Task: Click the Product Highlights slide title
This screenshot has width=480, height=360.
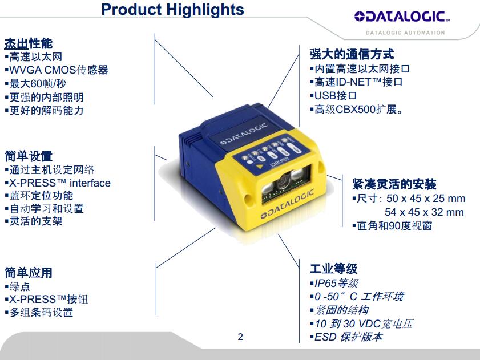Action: coord(172,10)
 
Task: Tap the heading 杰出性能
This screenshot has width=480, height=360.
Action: coord(29,43)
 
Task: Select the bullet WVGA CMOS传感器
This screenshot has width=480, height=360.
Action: coord(57,70)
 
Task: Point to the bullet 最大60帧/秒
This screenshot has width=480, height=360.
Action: coord(35,83)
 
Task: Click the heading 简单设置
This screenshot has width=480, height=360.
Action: coord(29,156)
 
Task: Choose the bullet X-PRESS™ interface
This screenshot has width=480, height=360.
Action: coord(58,183)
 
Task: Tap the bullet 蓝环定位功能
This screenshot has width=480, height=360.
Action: coord(39,196)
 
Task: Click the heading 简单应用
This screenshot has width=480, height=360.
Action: coord(29,273)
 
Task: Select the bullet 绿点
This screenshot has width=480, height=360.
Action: coord(18,286)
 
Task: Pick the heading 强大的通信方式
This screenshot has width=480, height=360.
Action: coord(352,55)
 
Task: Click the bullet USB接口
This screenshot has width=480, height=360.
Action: coord(333,95)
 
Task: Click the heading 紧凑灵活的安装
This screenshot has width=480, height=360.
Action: coord(394,184)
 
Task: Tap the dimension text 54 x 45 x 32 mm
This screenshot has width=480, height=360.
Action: coord(424,212)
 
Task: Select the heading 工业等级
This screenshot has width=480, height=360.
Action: coord(334,269)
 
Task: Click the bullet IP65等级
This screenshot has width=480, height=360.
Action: coord(334,284)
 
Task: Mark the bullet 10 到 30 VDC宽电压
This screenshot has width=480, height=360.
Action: coord(361,323)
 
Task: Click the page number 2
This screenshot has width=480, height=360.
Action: coord(240,337)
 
